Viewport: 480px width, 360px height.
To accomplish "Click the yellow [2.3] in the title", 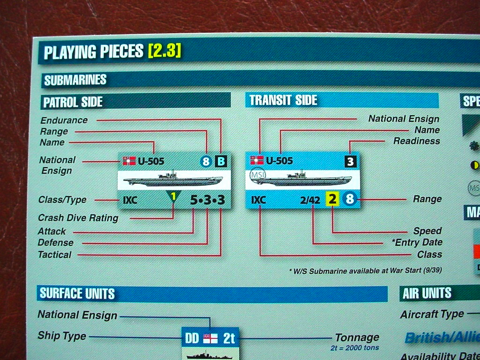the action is pos(165,51).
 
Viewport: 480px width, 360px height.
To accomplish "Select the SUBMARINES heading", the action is pos(75,80).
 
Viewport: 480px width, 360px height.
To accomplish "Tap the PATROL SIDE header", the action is pos(73,102).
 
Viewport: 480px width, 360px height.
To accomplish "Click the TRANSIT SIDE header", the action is pos(283,100).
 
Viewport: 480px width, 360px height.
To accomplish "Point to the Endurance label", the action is pos(64,120).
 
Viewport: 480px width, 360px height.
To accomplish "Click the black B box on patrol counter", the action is pos(221,161).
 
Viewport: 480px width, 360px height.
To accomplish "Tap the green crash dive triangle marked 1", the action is pos(173,196).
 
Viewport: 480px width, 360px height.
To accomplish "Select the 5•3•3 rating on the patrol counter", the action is pos(208,200).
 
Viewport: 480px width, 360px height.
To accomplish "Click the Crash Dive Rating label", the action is pos(78,217).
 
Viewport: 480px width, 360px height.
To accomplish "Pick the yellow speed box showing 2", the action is pos(332,199).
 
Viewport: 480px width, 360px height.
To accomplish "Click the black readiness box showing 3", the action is pos(351,161).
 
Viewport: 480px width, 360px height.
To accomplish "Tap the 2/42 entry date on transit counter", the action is pos(310,200).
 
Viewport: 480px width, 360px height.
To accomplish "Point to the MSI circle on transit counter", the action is pos(258,175).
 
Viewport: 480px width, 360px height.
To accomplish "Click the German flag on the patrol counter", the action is pos(129,161).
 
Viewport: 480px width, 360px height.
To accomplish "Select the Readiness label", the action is pos(417,141).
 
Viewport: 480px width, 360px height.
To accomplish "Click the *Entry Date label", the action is pos(417,242).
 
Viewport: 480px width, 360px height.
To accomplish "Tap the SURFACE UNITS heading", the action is pos(77,293).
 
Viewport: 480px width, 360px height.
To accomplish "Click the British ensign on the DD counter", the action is pos(210,338).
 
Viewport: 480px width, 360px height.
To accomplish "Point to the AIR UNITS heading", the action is pos(427,293).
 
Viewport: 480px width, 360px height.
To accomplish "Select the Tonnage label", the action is pos(357,337).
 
